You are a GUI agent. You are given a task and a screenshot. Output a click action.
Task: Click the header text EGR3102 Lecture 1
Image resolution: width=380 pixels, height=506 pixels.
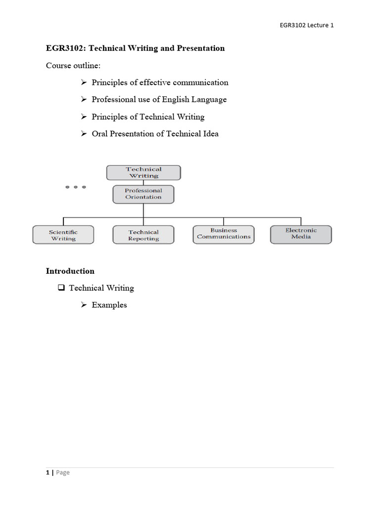coord(307,25)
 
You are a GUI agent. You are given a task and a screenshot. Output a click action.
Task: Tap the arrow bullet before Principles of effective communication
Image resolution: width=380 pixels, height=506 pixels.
coord(84,83)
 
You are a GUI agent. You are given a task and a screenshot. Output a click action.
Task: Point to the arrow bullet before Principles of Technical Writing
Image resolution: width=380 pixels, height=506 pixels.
coord(84,117)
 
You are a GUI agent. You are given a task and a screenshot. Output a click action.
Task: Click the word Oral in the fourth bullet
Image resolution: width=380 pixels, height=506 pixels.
coord(100,133)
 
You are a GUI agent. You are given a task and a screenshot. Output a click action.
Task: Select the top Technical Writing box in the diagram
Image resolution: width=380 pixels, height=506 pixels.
coord(143,172)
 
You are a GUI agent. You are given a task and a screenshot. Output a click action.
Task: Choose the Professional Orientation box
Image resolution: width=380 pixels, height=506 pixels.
coord(143,194)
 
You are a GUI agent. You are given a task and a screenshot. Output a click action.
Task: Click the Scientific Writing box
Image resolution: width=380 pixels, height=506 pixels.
coord(63,235)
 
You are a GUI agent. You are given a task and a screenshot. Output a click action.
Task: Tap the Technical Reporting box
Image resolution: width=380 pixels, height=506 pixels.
coord(143,235)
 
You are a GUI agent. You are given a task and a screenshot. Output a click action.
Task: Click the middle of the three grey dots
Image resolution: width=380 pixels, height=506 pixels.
coord(76,187)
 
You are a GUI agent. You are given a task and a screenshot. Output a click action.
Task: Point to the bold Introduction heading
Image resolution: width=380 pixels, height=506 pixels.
coord(70,271)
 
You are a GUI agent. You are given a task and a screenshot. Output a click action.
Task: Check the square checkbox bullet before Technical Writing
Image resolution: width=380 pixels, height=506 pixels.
coord(61,288)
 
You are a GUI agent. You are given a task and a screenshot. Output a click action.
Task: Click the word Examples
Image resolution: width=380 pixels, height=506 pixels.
coord(109,305)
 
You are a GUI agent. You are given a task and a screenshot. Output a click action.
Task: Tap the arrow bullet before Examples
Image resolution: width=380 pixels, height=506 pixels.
coord(84,305)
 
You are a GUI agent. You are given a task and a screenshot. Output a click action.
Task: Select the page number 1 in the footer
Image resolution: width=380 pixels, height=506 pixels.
coord(47,472)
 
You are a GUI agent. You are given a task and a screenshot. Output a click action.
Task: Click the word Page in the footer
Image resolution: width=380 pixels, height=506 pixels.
coord(63,472)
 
